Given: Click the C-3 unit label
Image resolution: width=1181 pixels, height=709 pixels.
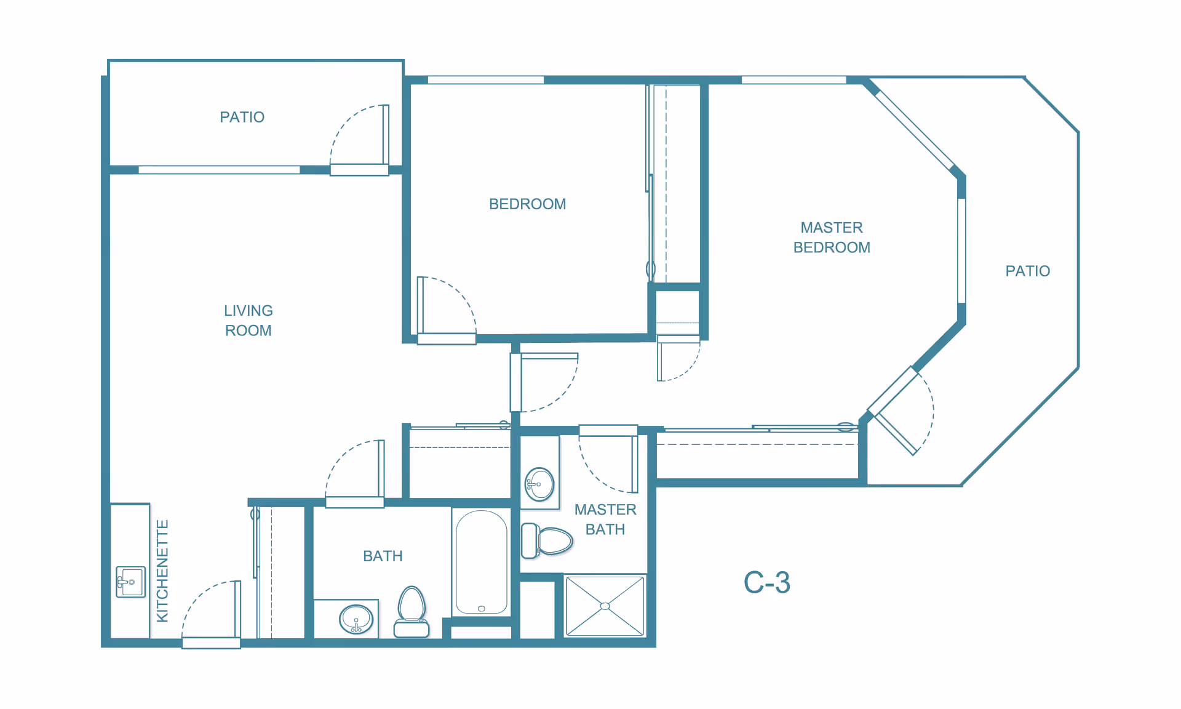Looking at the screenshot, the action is click(766, 582).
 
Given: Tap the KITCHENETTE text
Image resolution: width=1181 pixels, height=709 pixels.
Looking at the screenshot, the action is click(162, 571).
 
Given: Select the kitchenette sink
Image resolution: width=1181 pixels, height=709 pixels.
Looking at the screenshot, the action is click(130, 582).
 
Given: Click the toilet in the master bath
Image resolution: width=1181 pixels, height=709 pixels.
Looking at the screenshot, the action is click(547, 540).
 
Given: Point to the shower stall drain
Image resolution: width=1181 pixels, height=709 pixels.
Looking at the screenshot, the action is click(605, 606).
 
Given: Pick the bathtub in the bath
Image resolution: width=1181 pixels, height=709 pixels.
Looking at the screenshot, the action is click(482, 562).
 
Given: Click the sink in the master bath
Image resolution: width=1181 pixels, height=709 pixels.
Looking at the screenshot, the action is click(539, 484).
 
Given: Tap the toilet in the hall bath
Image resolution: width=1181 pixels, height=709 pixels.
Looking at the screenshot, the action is click(412, 612).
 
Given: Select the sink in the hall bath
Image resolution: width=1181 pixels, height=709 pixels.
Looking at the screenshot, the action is click(356, 619).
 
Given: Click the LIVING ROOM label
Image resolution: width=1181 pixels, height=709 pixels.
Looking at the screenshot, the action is click(249, 321).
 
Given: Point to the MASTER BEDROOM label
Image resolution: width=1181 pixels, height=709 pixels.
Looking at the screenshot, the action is click(832, 238).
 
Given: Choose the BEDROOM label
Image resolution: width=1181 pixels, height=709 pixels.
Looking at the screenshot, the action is click(527, 204).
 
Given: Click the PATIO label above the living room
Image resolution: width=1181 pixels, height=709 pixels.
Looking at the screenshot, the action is click(242, 117).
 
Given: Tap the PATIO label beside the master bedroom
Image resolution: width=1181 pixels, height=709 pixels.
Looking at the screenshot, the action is click(1028, 271).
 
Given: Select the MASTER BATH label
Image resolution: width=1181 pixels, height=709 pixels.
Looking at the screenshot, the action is click(605, 519).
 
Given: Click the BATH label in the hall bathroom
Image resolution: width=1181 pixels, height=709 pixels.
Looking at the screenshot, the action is click(383, 556).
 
